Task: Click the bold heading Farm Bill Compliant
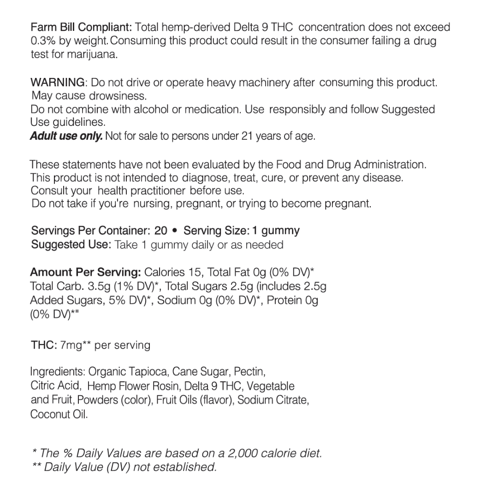tap(82, 27)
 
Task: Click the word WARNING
tap(57, 83)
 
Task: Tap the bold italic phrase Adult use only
tap(66, 136)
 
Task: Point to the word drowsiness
tap(117, 97)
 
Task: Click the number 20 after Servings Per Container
tap(161, 231)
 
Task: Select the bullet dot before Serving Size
tap(175, 231)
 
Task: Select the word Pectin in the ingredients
tap(249, 372)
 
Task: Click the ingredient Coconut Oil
tap(59, 415)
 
